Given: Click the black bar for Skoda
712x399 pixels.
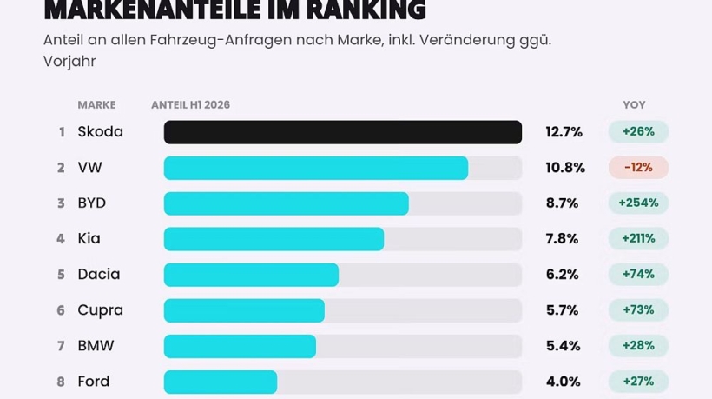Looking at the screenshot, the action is pyautogui.click(x=343, y=132).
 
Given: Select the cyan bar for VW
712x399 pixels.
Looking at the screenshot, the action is pyautogui.click(x=316, y=168).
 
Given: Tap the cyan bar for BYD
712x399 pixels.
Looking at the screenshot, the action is pyautogui.click(x=286, y=203).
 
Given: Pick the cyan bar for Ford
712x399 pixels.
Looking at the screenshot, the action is pyautogui.click(x=221, y=382).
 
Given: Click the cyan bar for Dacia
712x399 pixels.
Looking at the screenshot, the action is pyautogui.click(x=251, y=275).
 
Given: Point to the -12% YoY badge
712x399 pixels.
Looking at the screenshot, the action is pyautogui.click(x=638, y=168).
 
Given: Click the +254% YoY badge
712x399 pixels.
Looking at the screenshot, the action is pyautogui.click(x=638, y=203).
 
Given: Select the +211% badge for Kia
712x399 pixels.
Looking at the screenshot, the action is pyautogui.click(x=638, y=238).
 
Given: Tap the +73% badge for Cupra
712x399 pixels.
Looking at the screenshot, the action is pyautogui.click(x=638, y=310).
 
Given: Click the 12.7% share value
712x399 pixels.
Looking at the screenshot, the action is pyautogui.click(x=564, y=132).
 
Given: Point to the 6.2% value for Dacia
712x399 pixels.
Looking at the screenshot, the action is pyautogui.click(x=562, y=275).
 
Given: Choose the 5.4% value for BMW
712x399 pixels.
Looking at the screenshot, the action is pyautogui.click(x=563, y=346).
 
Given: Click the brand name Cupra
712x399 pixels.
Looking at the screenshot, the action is pyautogui.click(x=101, y=311).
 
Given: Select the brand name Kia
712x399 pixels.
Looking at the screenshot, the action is pyautogui.click(x=89, y=238).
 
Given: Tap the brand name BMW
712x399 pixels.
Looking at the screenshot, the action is pyautogui.click(x=96, y=346).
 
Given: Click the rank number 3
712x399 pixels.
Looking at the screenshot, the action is pyautogui.click(x=61, y=203).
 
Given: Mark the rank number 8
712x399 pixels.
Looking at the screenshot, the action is pyautogui.click(x=61, y=382).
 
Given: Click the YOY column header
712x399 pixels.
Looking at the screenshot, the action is pyautogui.click(x=634, y=105).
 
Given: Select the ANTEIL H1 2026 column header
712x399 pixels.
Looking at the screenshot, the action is pyautogui.click(x=191, y=105).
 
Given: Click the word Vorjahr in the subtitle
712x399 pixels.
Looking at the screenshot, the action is pyautogui.click(x=69, y=62).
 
